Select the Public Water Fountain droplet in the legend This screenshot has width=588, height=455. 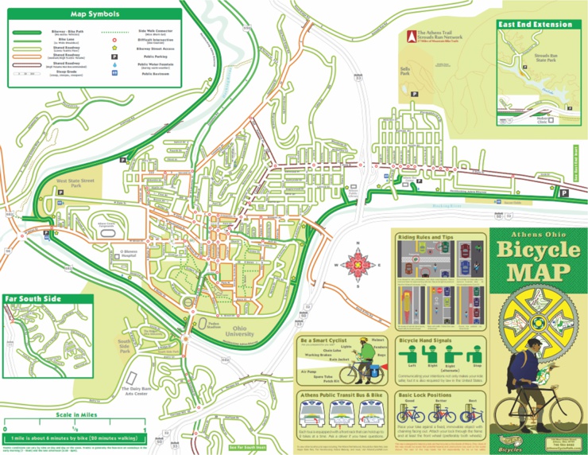tap(115, 66)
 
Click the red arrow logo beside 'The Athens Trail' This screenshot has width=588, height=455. tap(410, 37)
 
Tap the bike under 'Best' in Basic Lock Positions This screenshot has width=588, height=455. tap(473, 414)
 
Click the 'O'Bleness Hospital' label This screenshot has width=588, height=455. tap(130, 254)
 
